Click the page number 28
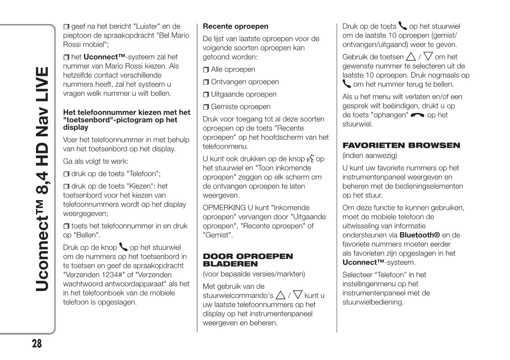pos(37,343)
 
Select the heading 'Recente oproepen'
pos(236,26)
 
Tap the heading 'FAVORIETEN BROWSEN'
pos(401,145)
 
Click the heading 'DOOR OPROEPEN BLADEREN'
pos(248,260)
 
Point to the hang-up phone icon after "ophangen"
pos(418,115)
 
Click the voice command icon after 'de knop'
pos(310,159)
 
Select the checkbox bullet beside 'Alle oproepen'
pos(206,70)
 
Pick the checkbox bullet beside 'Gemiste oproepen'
pos(206,107)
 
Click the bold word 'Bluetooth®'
pos(420,235)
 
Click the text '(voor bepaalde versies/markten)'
pos(254,274)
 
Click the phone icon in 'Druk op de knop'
pos(123,247)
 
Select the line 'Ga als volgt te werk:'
pos(95,162)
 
